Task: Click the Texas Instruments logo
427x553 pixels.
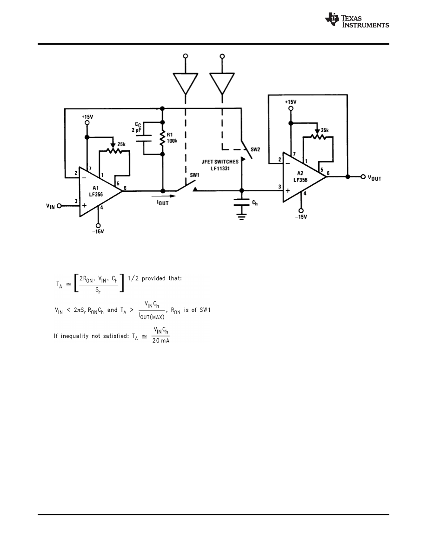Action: tap(357, 20)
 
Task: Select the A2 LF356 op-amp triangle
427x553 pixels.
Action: tap(302, 177)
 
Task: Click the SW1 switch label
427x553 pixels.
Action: tap(194, 175)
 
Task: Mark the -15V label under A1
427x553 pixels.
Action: tap(98, 231)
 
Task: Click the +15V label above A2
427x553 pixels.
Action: tap(290, 101)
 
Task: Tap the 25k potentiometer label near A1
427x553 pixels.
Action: tap(120, 145)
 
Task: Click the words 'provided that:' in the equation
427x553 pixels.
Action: tap(162, 279)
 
